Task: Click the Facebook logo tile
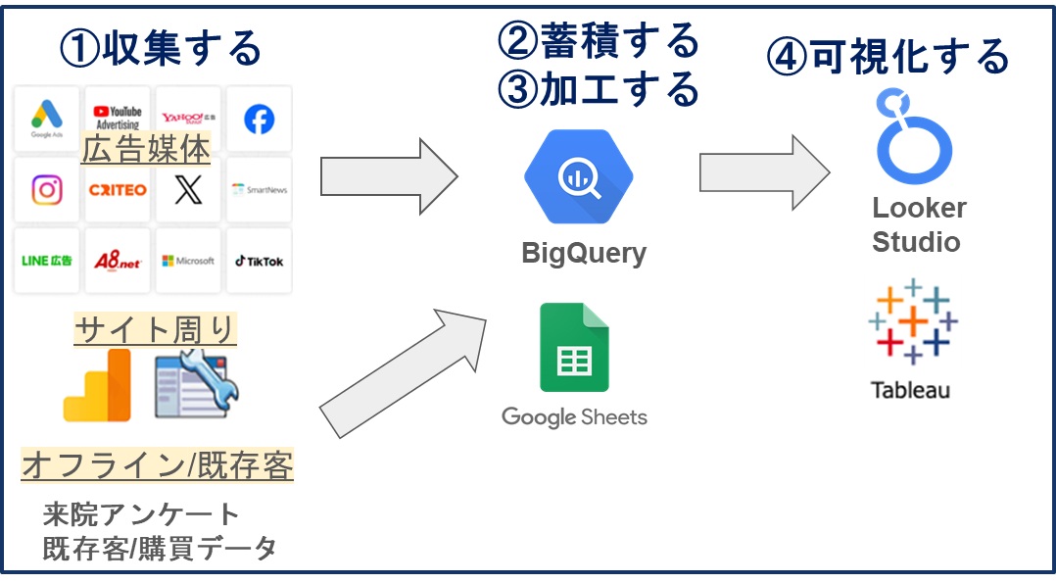click(x=259, y=119)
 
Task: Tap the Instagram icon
click(x=47, y=189)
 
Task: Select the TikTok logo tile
click(x=259, y=261)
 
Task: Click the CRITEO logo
click(x=118, y=189)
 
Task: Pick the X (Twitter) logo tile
click(x=187, y=189)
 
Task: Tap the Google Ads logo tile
click(x=47, y=119)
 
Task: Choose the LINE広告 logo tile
click(x=47, y=261)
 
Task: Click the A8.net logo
click(x=118, y=261)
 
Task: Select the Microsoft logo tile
click(x=188, y=261)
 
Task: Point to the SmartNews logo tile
click(x=259, y=189)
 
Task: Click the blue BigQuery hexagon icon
click(x=578, y=177)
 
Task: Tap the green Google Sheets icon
click(x=574, y=347)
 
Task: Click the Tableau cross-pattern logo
click(x=912, y=321)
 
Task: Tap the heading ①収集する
click(x=161, y=47)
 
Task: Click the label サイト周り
click(x=156, y=329)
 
